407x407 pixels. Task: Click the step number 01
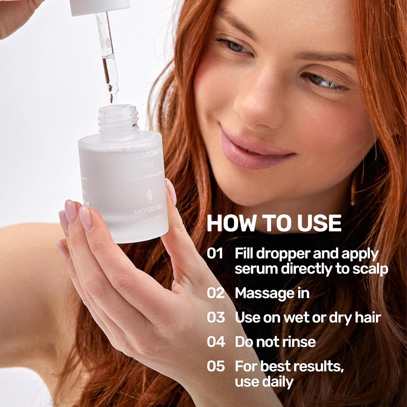(215, 253)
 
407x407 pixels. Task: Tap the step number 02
(215, 293)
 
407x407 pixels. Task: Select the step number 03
(216, 317)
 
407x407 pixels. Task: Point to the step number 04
(216, 342)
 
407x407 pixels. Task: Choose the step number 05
(216, 366)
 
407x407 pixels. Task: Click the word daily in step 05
(278, 382)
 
